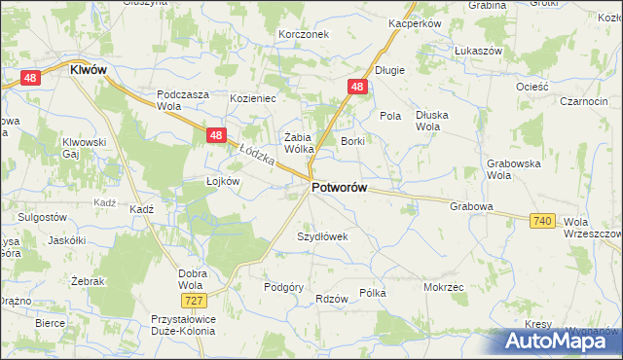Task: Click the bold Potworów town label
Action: [339, 188]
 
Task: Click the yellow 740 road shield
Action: [543, 222]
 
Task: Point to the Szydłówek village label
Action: [322, 236]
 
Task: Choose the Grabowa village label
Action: [472, 207]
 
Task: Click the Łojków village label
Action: [222, 182]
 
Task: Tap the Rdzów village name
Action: [332, 299]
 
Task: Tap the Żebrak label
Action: [88, 281]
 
